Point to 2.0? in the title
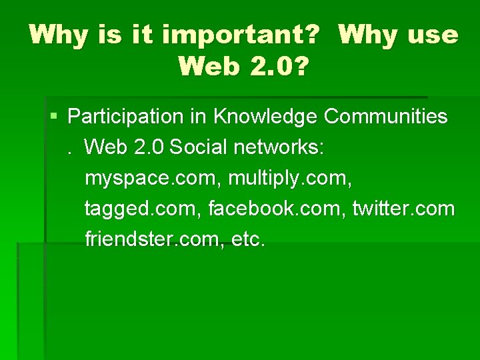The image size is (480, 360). pyautogui.click(x=279, y=66)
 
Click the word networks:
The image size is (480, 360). pyautogui.click(x=279, y=147)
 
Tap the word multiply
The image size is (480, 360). pyautogui.click(x=257, y=178)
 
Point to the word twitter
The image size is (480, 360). pyautogui.click(x=378, y=209)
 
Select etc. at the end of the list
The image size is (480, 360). pyautogui.click(x=248, y=239)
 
